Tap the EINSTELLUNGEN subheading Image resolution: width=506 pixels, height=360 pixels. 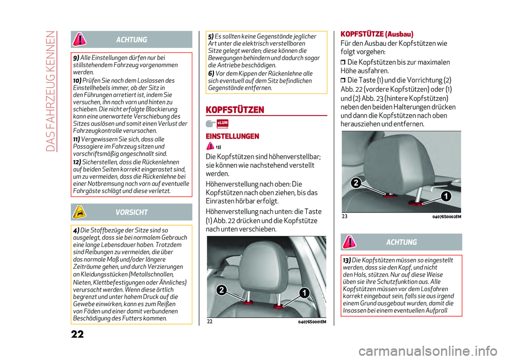(232, 136)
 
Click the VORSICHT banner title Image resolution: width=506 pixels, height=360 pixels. (132, 212)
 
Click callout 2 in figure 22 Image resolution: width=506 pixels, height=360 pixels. (222, 290)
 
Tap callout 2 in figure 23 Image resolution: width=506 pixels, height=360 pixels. (356, 183)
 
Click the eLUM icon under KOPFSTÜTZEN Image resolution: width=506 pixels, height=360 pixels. (222, 123)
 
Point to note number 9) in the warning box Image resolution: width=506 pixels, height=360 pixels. (76, 57)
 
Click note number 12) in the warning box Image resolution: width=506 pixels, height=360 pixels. (77, 162)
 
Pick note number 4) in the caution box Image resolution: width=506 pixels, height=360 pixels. (76, 230)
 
